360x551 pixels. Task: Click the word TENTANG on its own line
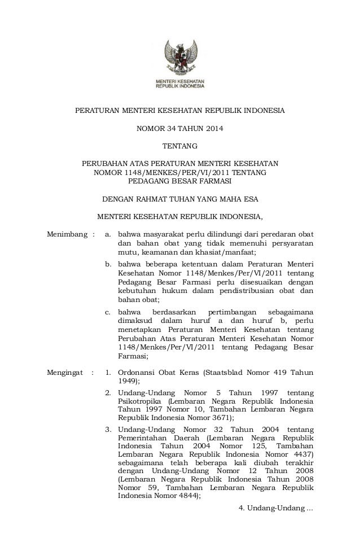click(180, 147)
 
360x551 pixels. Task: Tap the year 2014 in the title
click(213, 129)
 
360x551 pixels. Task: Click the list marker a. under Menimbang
click(109, 234)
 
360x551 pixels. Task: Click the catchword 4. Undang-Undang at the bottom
click(275, 509)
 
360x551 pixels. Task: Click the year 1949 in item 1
click(128, 382)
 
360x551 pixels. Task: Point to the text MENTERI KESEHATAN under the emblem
click(180, 82)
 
